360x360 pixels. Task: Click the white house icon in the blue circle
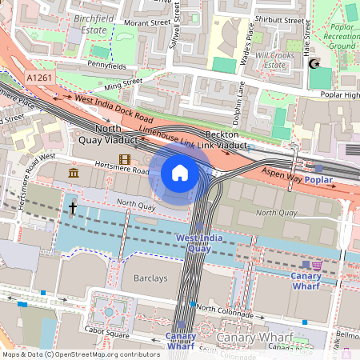pos(180,173)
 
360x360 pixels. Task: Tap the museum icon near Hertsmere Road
pos(74,174)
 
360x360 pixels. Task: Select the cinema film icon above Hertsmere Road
pos(124,160)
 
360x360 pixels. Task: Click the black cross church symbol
pos(72,208)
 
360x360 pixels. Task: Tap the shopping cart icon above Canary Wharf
pos(318,265)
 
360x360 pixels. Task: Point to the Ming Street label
pos(122,82)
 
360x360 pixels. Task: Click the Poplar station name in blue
pos(318,181)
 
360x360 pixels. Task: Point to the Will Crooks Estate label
pos(276,60)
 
